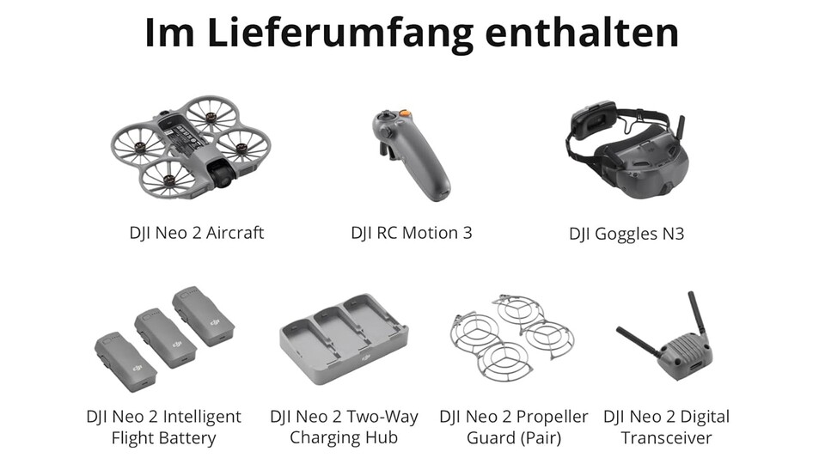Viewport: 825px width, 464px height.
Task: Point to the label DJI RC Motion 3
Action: click(412, 232)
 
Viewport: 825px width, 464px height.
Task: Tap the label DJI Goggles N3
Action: click(626, 233)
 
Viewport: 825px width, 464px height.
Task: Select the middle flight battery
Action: click(165, 339)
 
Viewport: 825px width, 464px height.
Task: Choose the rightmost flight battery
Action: click(203, 316)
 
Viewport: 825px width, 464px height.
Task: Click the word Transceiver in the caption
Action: click(667, 438)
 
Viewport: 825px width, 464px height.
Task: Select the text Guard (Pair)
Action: click(514, 438)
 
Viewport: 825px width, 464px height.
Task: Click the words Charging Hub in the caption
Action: click(344, 438)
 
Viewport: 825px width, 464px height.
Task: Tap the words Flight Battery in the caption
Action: click(163, 438)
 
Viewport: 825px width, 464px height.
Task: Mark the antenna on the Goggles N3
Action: click(680, 128)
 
